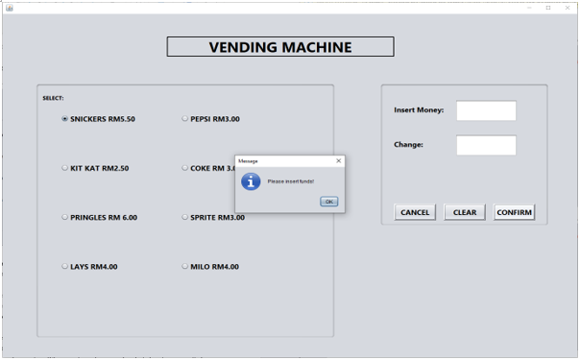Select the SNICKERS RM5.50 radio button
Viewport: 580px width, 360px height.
64,119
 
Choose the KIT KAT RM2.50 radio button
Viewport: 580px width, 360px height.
64,168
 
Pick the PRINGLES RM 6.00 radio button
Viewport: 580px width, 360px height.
64,217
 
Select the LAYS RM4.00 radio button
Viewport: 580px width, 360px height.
64,266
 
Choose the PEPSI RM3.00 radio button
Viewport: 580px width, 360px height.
184,119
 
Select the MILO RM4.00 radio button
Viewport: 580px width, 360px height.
184,266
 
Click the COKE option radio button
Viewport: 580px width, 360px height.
184,168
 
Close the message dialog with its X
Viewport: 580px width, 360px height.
338,160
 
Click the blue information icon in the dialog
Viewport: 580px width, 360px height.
251,180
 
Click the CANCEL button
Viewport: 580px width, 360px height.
415,212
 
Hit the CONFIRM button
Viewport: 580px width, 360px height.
514,212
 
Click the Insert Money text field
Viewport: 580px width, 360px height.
486,110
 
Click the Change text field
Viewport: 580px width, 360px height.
486,145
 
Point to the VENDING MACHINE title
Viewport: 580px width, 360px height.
280,47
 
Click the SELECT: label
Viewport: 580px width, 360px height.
53,98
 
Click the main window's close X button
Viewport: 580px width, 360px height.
568,8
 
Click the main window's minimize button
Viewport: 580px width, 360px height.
528,8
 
